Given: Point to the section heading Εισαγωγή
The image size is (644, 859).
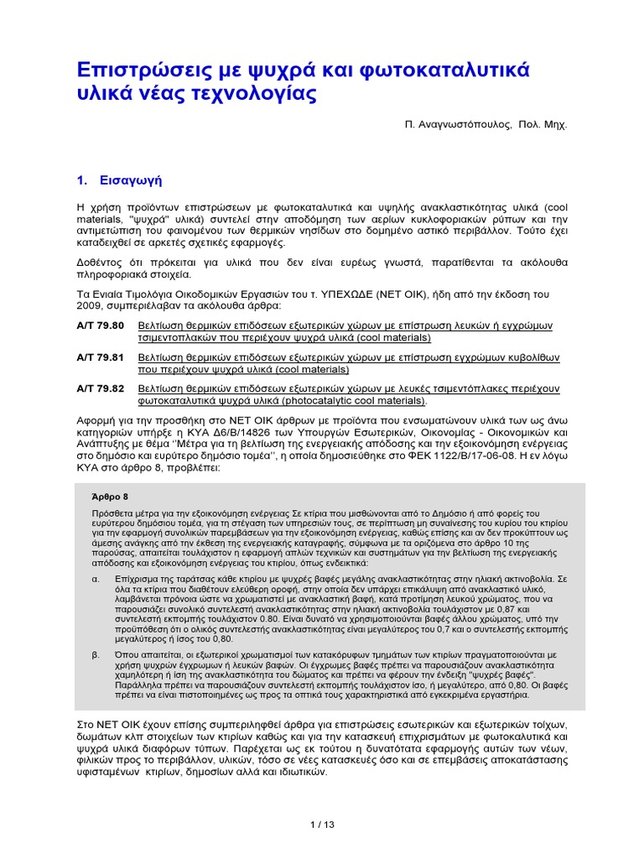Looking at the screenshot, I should coord(130,180).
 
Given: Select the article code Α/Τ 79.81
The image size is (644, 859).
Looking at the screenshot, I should coord(100,357).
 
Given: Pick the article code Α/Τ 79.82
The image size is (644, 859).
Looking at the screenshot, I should coord(100,389).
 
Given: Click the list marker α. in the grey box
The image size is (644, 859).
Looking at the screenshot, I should coord(96,579).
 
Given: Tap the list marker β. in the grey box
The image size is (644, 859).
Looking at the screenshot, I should coord(96,654).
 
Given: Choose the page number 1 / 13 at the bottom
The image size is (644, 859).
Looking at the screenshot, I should coord(322,825).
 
